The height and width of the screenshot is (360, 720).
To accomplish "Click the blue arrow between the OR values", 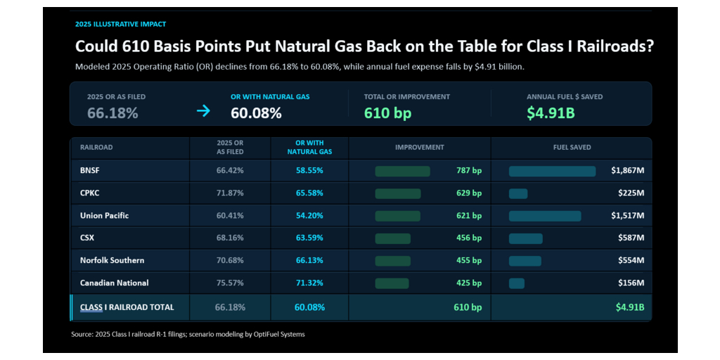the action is (x=203, y=111).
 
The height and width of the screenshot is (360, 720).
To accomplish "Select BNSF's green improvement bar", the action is (x=402, y=172).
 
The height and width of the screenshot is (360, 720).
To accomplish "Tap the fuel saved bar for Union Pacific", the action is (x=545, y=216).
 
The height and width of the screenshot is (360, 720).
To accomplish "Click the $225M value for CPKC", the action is (x=631, y=193).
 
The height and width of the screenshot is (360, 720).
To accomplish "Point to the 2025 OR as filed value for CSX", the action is (x=230, y=238).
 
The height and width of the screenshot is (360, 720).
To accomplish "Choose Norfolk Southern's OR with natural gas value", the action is (x=309, y=260).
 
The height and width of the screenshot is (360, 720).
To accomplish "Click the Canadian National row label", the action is (x=115, y=283).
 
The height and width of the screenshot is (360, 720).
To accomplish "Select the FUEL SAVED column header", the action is (x=572, y=148).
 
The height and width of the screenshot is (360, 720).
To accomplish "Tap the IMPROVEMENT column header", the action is (x=420, y=148).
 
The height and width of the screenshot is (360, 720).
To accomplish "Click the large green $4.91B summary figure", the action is (x=551, y=113).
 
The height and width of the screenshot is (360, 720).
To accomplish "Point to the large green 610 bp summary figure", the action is (x=387, y=113).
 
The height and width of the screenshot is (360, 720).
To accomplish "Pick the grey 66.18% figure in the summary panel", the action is (x=112, y=113).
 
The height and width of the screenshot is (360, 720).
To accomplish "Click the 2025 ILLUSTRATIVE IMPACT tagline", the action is (x=120, y=24).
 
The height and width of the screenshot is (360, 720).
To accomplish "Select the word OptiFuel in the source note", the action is (x=265, y=334).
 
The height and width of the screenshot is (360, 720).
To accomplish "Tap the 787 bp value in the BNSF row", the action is (x=469, y=171).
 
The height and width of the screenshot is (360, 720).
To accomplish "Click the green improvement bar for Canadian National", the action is (x=392, y=283).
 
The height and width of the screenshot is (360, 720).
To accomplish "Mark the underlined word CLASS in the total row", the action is (x=91, y=307).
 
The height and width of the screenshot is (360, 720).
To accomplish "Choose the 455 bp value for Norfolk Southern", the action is (x=469, y=260).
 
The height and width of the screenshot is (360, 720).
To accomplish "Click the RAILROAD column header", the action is (x=96, y=148).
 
